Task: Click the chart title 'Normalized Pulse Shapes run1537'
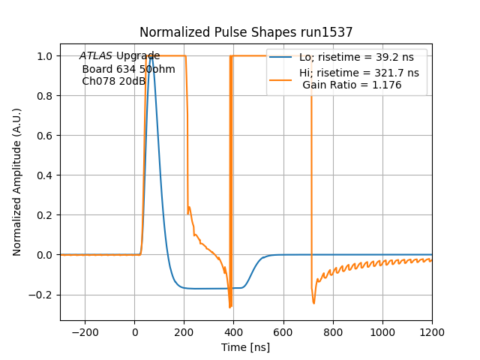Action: coord(246,32)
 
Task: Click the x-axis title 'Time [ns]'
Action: coord(246,347)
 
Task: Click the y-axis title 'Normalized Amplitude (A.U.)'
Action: coord(17,182)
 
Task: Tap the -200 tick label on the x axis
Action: coord(85,331)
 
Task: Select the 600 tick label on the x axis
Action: coord(283,331)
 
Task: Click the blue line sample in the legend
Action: coord(282,57)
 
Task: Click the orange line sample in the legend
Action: coord(282,73)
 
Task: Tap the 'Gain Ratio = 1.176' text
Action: coord(352,85)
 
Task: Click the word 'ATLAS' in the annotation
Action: coord(96,56)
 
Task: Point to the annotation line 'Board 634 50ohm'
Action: coord(128,69)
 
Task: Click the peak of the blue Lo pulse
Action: coord(152,56)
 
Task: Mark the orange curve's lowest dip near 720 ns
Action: coord(313,303)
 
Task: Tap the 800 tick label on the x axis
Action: coord(333,331)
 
